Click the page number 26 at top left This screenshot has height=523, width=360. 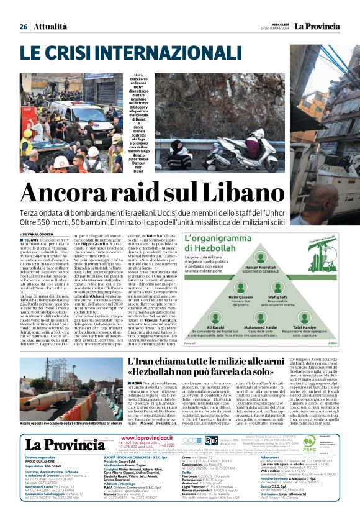[23, 27]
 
